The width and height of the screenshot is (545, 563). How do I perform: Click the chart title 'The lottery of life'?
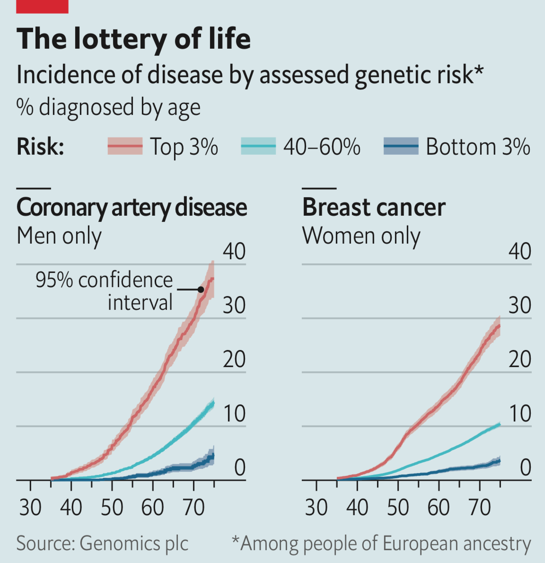(x=133, y=39)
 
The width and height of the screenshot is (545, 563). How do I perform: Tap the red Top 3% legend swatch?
(x=125, y=146)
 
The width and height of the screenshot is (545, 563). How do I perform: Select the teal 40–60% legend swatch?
(x=258, y=146)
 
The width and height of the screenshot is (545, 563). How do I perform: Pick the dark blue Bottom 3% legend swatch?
(x=401, y=146)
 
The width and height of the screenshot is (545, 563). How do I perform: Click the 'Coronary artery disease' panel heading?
(x=132, y=207)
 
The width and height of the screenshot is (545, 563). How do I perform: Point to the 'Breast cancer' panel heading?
(x=373, y=207)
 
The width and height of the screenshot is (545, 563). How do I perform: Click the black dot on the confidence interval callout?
(x=201, y=289)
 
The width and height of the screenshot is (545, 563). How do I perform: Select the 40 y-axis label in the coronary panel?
(x=234, y=251)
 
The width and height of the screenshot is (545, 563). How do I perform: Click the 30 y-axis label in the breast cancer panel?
(x=519, y=305)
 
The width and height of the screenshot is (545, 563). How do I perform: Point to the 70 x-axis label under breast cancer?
(x=479, y=508)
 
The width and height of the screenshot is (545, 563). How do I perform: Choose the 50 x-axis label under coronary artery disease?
(x=112, y=508)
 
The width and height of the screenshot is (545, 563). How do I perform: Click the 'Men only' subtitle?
(x=59, y=236)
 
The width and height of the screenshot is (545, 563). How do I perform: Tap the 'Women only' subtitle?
(x=361, y=236)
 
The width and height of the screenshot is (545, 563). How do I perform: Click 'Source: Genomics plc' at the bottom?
(x=102, y=543)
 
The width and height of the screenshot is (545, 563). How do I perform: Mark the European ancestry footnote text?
(x=381, y=543)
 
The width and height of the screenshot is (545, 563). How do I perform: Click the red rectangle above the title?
(x=43, y=6)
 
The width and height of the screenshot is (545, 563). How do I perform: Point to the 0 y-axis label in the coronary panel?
(x=240, y=467)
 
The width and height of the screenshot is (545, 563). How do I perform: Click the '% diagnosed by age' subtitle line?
(x=108, y=107)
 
